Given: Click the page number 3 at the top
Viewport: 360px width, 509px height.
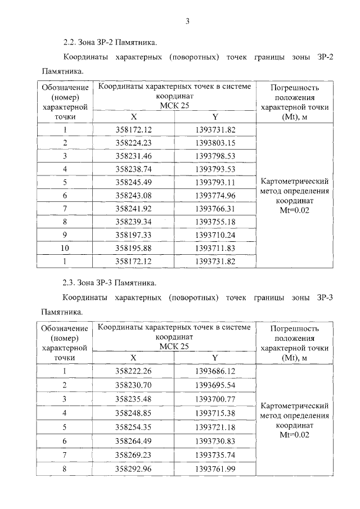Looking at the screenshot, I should tap(187, 21).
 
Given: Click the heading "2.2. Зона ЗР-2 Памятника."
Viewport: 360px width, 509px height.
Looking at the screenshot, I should tap(110, 42).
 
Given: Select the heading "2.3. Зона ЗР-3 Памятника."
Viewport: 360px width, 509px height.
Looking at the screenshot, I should tap(110, 282).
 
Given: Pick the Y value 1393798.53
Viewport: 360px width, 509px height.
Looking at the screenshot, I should tap(215, 156).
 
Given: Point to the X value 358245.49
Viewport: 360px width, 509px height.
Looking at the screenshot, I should tap(133, 182).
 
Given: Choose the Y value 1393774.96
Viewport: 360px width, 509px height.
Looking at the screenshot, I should tap(215, 195).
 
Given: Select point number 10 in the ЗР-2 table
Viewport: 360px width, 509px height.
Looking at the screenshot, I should tap(65, 248).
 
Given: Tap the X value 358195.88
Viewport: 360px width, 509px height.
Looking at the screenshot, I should tap(133, 248).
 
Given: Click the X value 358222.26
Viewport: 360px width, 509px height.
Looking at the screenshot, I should tap(133, 371).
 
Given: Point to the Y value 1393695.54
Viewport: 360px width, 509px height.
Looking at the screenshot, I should tap(215, 385).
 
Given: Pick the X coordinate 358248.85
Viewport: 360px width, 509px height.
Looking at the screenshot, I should tap(133, 413).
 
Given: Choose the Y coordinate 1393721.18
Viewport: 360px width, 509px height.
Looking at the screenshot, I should tap(215, 427).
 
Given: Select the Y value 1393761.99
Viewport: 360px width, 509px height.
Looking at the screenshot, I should tap(215, 469).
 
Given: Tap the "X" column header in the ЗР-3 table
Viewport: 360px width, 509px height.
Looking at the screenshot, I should tap(133, 357).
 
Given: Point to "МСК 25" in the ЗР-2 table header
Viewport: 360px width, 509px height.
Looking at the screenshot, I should tap(174, 105).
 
